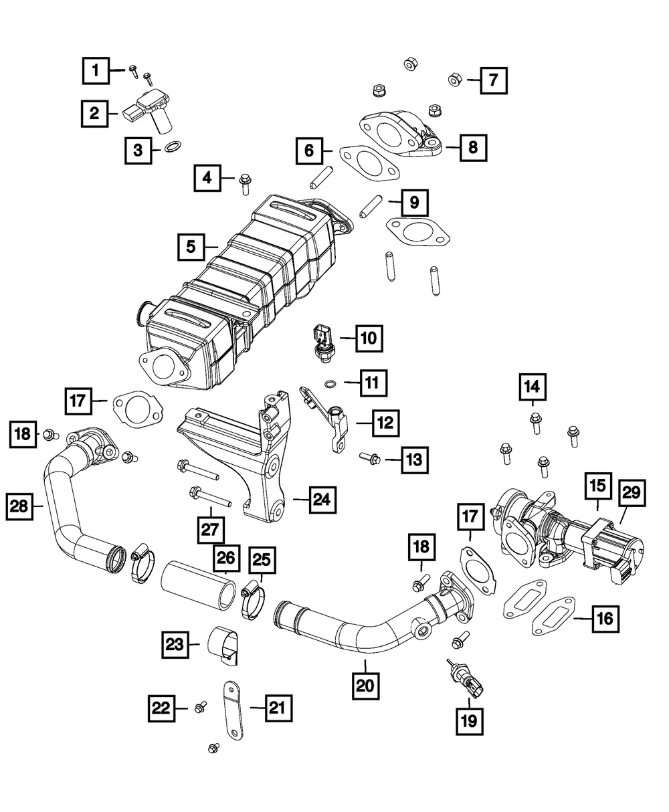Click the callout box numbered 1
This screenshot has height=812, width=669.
(x=96, y=70)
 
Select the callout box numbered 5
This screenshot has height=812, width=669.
(x=192, y=247)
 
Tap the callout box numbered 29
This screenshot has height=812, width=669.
(x=631, y=494)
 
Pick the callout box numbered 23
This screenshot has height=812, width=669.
(x=175, y=645)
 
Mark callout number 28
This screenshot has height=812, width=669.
(x=21, y=506)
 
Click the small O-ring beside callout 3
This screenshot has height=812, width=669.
(x=173, y=146)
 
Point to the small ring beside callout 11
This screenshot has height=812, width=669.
(x=331, y=383)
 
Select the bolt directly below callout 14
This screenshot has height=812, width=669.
(x=535, y=423)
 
